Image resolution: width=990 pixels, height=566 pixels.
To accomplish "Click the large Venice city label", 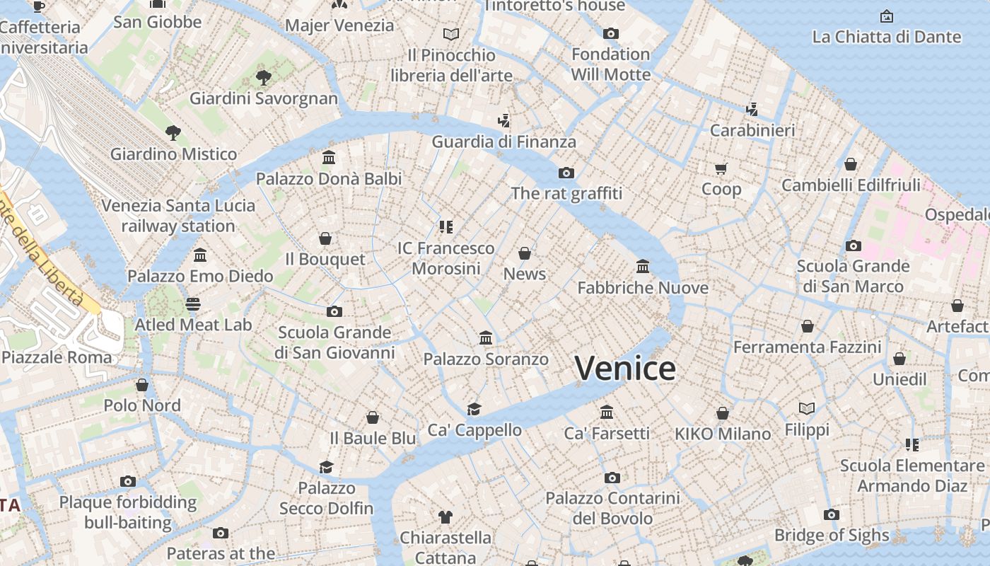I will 625,369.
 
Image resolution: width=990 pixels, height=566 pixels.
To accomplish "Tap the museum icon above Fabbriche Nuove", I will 643,267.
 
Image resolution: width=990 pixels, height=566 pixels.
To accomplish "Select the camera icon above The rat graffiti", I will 566,173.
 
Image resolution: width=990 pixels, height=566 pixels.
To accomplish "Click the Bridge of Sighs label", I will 832,536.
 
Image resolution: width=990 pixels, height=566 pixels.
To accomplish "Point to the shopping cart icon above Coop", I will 721,168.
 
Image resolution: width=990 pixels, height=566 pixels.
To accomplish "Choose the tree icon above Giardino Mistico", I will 173,132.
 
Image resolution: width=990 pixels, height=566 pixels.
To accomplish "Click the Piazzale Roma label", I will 57,357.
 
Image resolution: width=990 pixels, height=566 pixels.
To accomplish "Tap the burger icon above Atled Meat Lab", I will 193,304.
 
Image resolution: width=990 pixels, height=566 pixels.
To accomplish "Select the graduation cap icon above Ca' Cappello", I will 474,410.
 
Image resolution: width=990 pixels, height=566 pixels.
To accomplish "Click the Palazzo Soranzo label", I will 486,359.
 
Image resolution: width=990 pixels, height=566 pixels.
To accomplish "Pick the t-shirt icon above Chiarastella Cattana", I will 445,517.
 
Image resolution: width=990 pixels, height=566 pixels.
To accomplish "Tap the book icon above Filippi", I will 807,408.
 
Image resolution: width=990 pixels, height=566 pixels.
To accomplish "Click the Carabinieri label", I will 752,131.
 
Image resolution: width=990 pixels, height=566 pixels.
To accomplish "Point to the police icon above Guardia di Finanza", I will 503,121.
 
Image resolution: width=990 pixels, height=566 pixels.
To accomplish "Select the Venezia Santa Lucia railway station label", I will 178,216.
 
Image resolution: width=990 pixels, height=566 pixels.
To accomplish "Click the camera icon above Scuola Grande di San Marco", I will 854,246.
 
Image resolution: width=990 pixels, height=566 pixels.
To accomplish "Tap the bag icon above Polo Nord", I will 142,385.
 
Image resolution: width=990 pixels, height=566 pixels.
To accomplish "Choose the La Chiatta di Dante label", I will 887,37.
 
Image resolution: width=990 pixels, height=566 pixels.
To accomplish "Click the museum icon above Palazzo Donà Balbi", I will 329,158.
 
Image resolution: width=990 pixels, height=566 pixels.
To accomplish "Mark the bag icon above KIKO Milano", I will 723,413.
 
